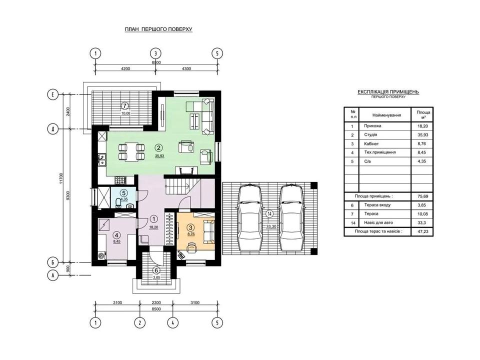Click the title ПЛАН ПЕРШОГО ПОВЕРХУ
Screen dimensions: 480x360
[x=158, y=29]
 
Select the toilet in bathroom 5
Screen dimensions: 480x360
[x=118, y=202]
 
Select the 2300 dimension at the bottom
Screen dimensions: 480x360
[x=156, y=302]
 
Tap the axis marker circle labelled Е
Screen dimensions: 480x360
[x=52, y=94]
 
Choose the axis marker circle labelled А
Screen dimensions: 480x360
[x=52, y=275]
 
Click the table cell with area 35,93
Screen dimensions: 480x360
[x=422, y=134]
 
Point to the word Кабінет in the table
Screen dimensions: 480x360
[x=371, y=143]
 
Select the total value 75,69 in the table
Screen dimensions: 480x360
[x=422, y=196]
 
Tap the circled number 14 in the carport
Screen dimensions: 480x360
[x=269, y=213]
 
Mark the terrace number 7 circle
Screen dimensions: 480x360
[x=124, y=105]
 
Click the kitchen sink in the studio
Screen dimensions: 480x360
[x=102, y=160]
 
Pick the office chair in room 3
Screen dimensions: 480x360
[x=192, y=246]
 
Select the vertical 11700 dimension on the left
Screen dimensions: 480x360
[x=60, y=178]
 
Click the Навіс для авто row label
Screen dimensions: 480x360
[x=378, y=222]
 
